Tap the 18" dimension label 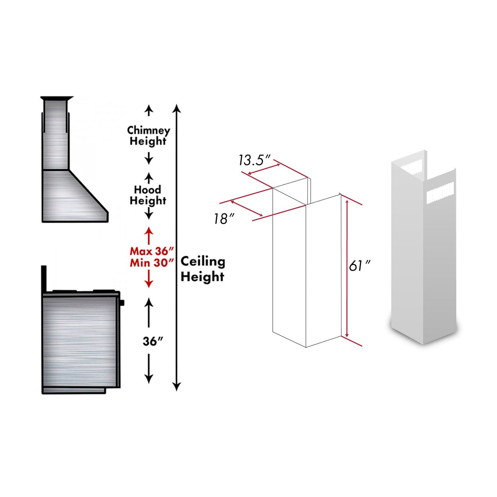pyautogui.click(x=221, y=219)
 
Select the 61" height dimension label pyautogui.click(x=359, y=266)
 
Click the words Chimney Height pyautogui.click(x=148, y=136)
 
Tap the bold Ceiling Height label pyautogui.click(x=203, y=269)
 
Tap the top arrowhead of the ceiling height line pyautogui.click(x=176, y=108)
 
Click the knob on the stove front pyautogui.click(x=122, y=303)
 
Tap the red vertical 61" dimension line pyautogui.click(x=347, y=266)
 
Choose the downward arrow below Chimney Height pyautogui.click(x=149, y=159)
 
